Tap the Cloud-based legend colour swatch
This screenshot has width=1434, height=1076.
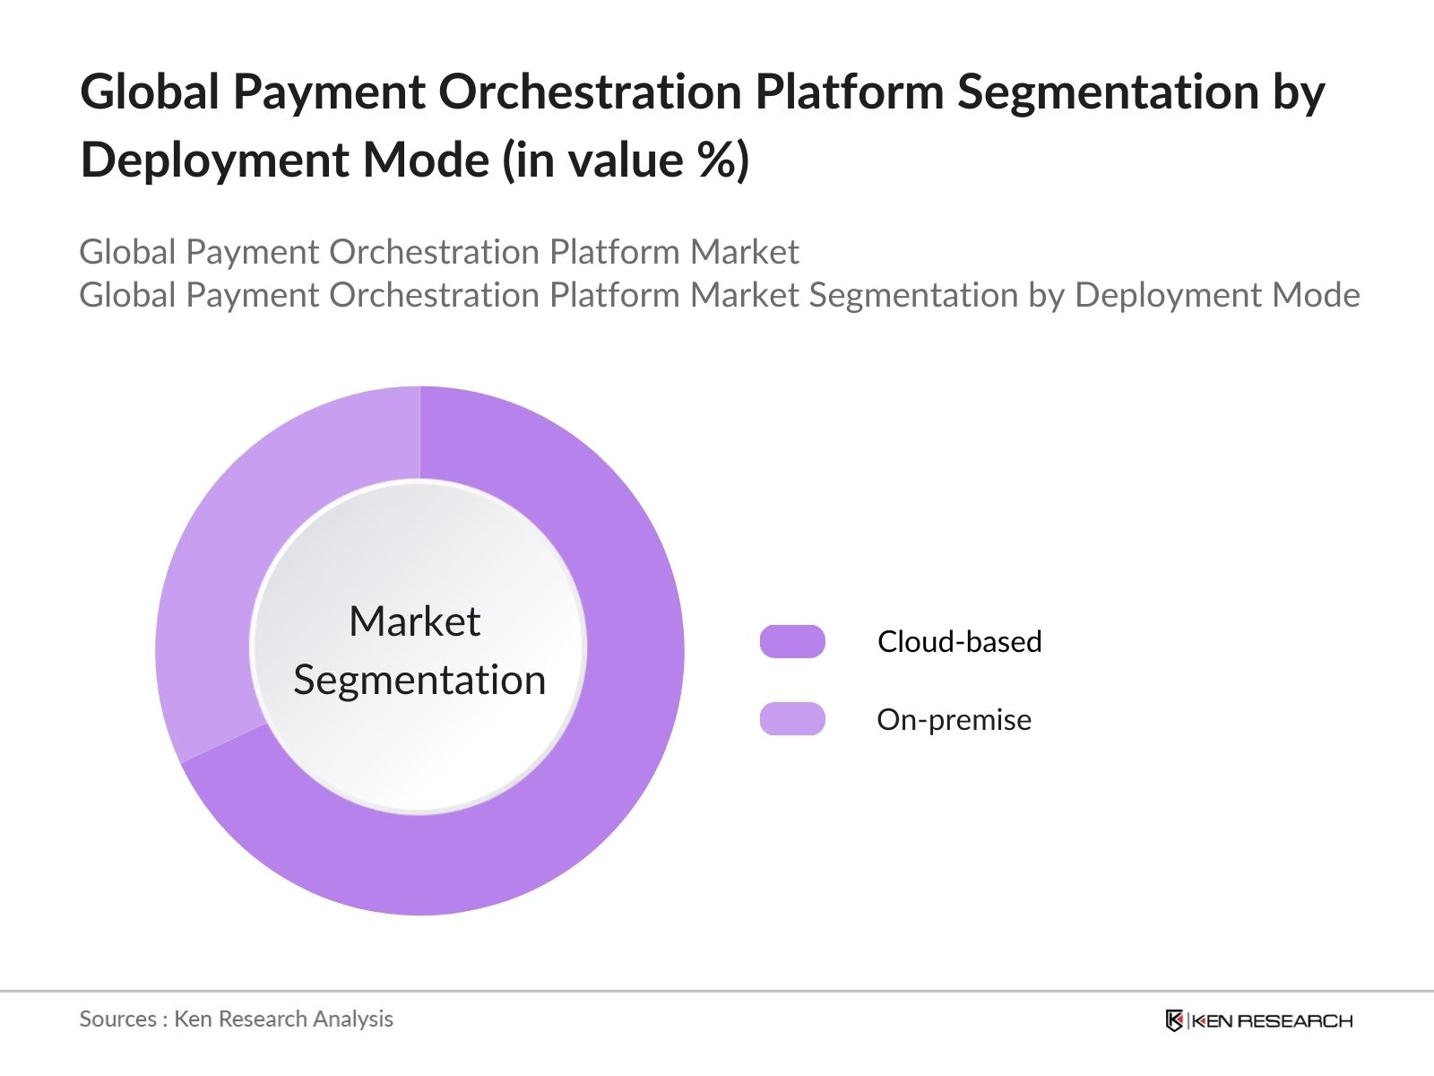click(792, 642)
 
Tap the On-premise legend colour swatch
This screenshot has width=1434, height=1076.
click(792, 719)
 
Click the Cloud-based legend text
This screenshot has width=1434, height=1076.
click(959, 642)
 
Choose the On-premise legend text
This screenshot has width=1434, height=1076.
click(954, 720)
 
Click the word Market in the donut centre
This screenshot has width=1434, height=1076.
click(414, 621)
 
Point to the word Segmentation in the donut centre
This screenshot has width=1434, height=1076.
click(419, 681)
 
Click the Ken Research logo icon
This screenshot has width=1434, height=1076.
click(1174, 1020)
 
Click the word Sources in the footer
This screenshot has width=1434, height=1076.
click(117, 1020)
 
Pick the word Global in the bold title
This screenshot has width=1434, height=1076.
click(151, 92)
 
